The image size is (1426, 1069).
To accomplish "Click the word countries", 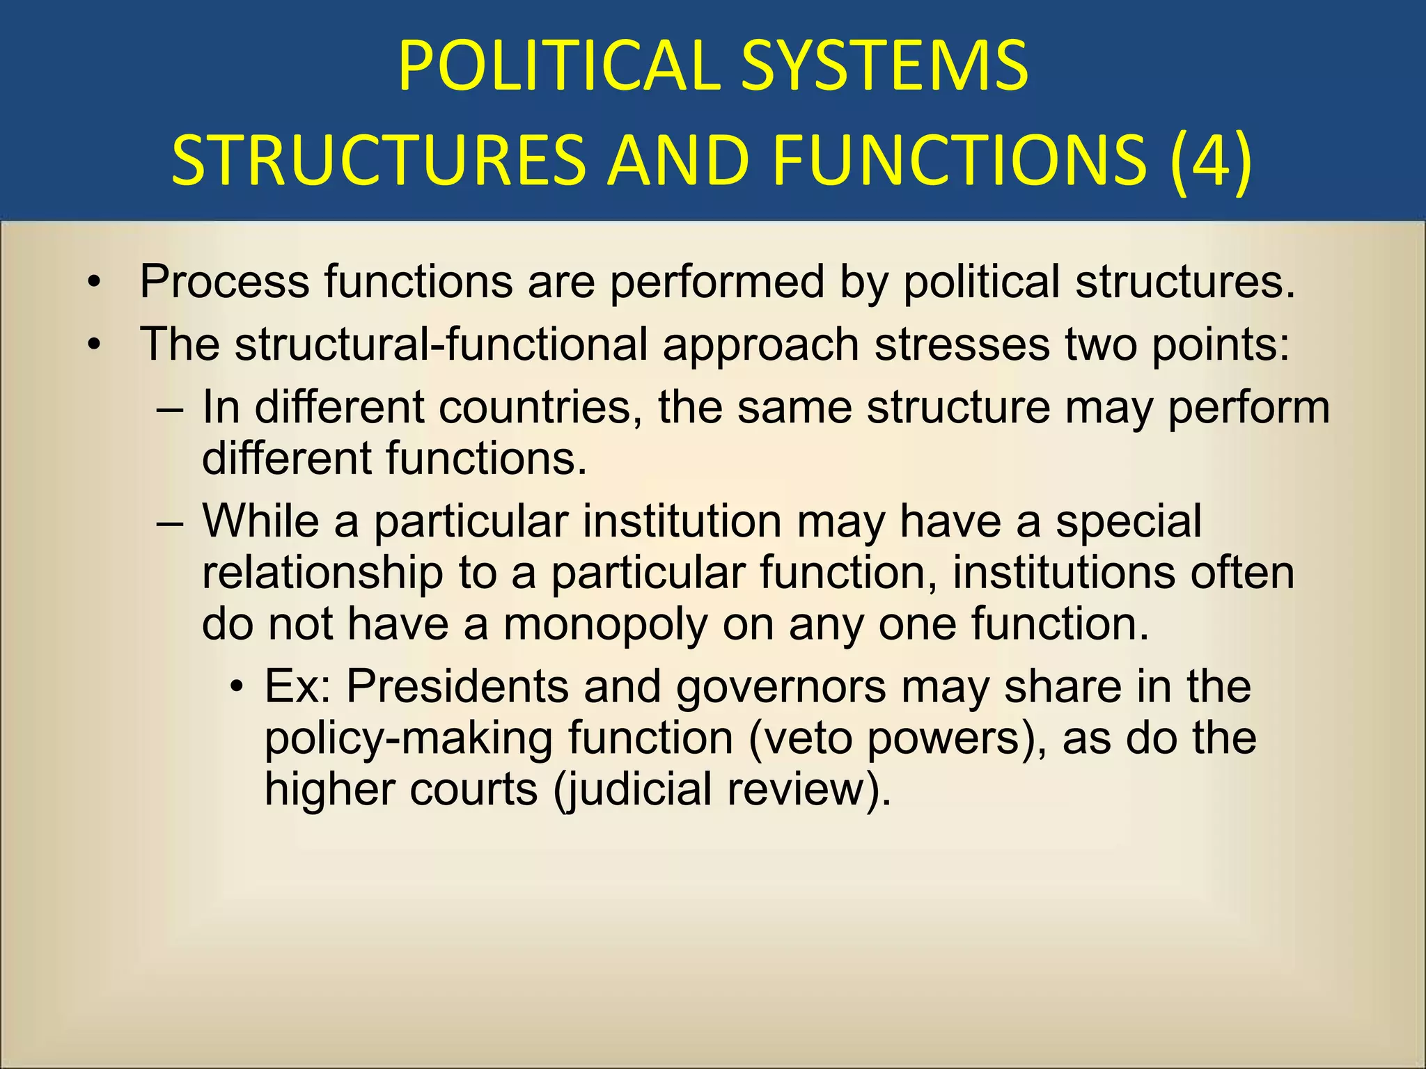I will point(541,407).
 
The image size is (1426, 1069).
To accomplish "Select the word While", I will point(260,521).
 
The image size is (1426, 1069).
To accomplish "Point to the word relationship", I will point(322,572).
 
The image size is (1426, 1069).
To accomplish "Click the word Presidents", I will point(457,686).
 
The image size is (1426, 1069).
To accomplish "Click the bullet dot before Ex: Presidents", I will point(238,688).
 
